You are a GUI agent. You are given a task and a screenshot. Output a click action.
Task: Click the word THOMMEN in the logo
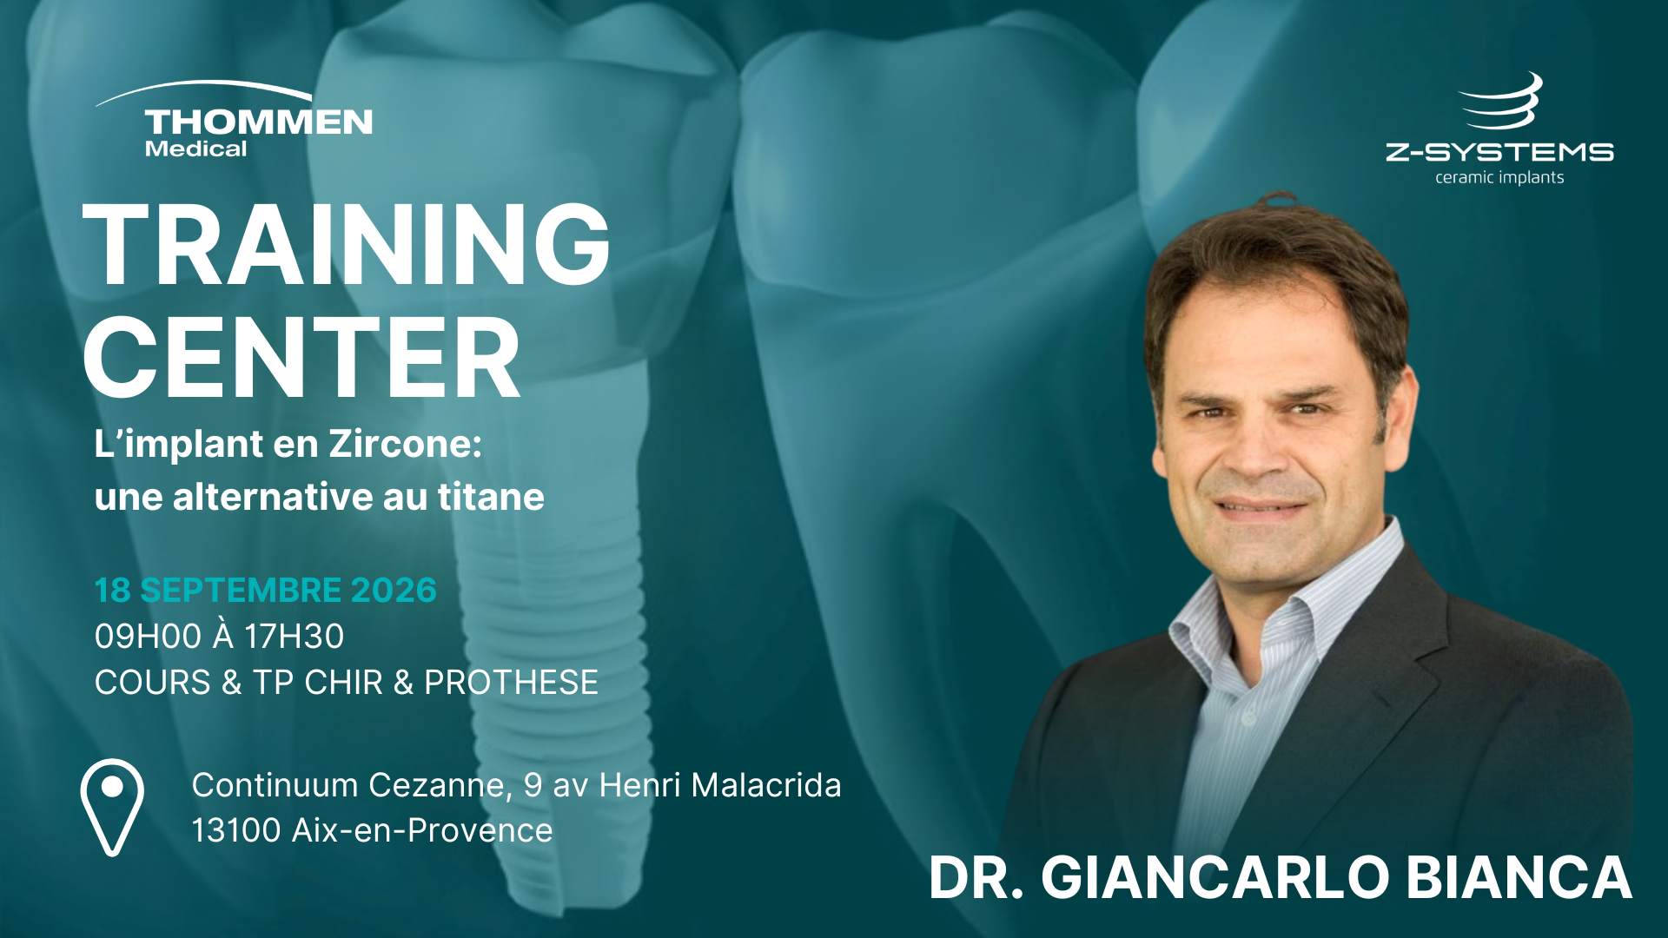coord(259,122)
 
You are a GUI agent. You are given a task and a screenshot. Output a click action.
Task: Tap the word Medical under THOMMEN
coord(195,149)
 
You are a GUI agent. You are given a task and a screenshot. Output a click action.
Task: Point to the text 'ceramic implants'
coord(1499,177)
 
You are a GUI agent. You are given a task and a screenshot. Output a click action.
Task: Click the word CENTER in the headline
coord(301,358)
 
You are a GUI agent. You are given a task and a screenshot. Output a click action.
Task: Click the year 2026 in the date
coord(394,591)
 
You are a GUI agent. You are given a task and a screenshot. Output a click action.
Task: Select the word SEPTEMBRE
coord(240,591)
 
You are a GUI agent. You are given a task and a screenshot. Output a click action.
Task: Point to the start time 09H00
coord(148,637)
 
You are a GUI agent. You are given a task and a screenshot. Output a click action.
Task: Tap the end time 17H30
coord(294,637)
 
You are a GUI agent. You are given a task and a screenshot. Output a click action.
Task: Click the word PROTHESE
coord(511,683)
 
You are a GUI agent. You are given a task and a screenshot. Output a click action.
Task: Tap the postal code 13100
coord(236,830)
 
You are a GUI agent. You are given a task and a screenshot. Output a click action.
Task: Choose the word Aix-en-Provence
coord(422,831)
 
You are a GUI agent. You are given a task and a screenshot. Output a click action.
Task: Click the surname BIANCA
coord(1519,877)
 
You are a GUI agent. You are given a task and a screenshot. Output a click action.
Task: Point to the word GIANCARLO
coord(1215,877)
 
